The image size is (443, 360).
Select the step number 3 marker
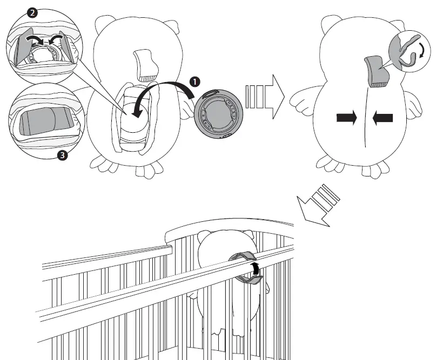62,157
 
